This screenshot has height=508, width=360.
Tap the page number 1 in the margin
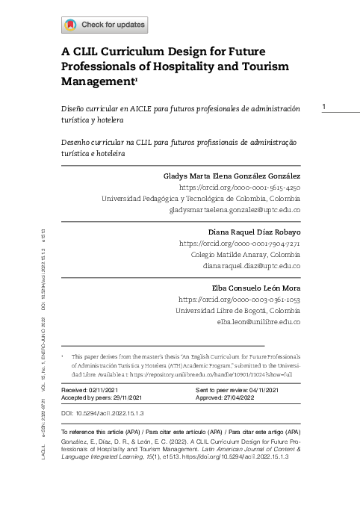click(x=324, y=108)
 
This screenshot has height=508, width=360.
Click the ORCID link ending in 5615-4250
click(x=240, y=188)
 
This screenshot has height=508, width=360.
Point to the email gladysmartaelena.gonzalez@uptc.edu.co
click(x=235, y=211)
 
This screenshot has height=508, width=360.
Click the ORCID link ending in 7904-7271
click(x=240, y=244)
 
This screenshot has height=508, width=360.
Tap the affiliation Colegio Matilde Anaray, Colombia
click(x=246, y=255)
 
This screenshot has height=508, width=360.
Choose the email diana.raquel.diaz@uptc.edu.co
click(x=251, y=266)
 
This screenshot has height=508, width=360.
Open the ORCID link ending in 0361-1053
click(x=239, y=299)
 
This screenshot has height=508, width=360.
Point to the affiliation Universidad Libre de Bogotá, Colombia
click(x=238, y=310)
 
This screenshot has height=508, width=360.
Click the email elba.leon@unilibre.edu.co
click(x=258, y=322)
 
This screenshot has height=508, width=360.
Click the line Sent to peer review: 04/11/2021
click(x=237, y=391)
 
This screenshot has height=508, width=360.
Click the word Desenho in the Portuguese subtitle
click(x=79, y=141)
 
